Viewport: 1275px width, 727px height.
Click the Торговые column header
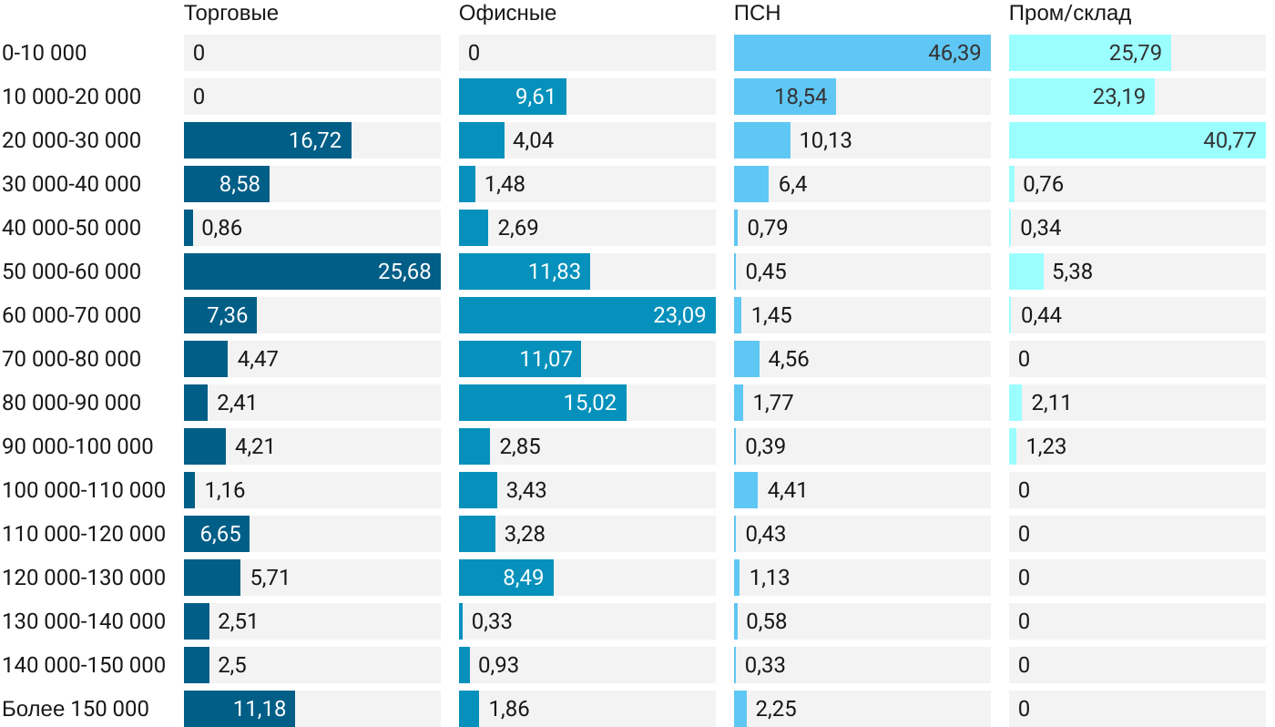(x=230, y=14)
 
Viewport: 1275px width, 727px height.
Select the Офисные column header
(x=507, y=14)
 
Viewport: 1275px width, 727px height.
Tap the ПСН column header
(x=757, y=14)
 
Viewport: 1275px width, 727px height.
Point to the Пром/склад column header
(x=1069, y=14)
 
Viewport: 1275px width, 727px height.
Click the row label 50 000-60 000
(x=72, y=271)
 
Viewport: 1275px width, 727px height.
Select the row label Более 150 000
(x=76, y=709)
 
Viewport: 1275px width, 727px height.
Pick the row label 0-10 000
(x=45, y=53)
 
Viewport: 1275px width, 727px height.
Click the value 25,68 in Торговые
(x=404, y=271)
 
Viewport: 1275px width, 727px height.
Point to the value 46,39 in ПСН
(x=954, y=53)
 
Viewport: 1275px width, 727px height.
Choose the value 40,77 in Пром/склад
(x=1229, y=140)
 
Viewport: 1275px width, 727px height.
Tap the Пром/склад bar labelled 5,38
(x=1025, y=271)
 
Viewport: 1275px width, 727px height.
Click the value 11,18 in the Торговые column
(x=260, y=709)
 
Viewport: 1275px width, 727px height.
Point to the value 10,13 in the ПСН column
(x=826, y=140)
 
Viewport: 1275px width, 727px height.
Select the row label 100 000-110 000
(x=84, y=490)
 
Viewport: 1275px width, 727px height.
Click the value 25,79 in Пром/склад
(x=1136, y=53)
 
